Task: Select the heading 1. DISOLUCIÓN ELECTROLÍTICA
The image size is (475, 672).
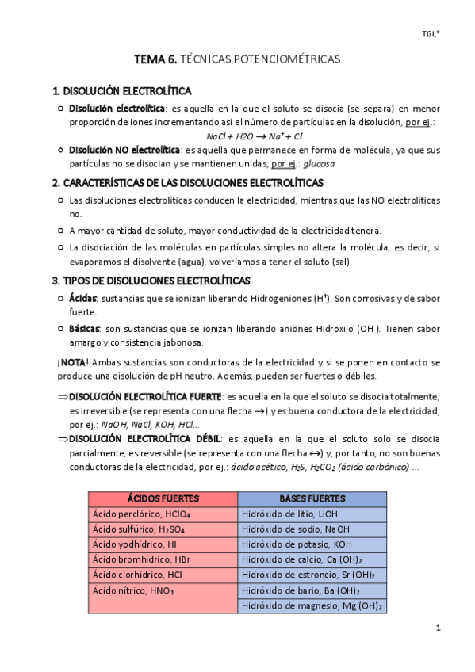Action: (x=121, y=91)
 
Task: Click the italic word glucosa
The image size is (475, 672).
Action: (x=319, y=164)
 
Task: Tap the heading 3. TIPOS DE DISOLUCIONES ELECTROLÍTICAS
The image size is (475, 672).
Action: (x=151, y=281)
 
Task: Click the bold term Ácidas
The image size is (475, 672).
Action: (x=82, y=298)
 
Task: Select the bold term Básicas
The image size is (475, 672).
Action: (x=84, y=327)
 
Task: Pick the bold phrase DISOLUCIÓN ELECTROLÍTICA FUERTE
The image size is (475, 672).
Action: (x=145, y=396)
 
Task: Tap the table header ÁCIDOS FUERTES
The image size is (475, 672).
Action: (x=163, y=498)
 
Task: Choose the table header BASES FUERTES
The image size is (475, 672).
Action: (x=312, y=498)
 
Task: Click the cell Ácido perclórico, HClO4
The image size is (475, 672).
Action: (x=132, y=514)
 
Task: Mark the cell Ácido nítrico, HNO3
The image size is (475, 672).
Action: (x=132, y=590)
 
